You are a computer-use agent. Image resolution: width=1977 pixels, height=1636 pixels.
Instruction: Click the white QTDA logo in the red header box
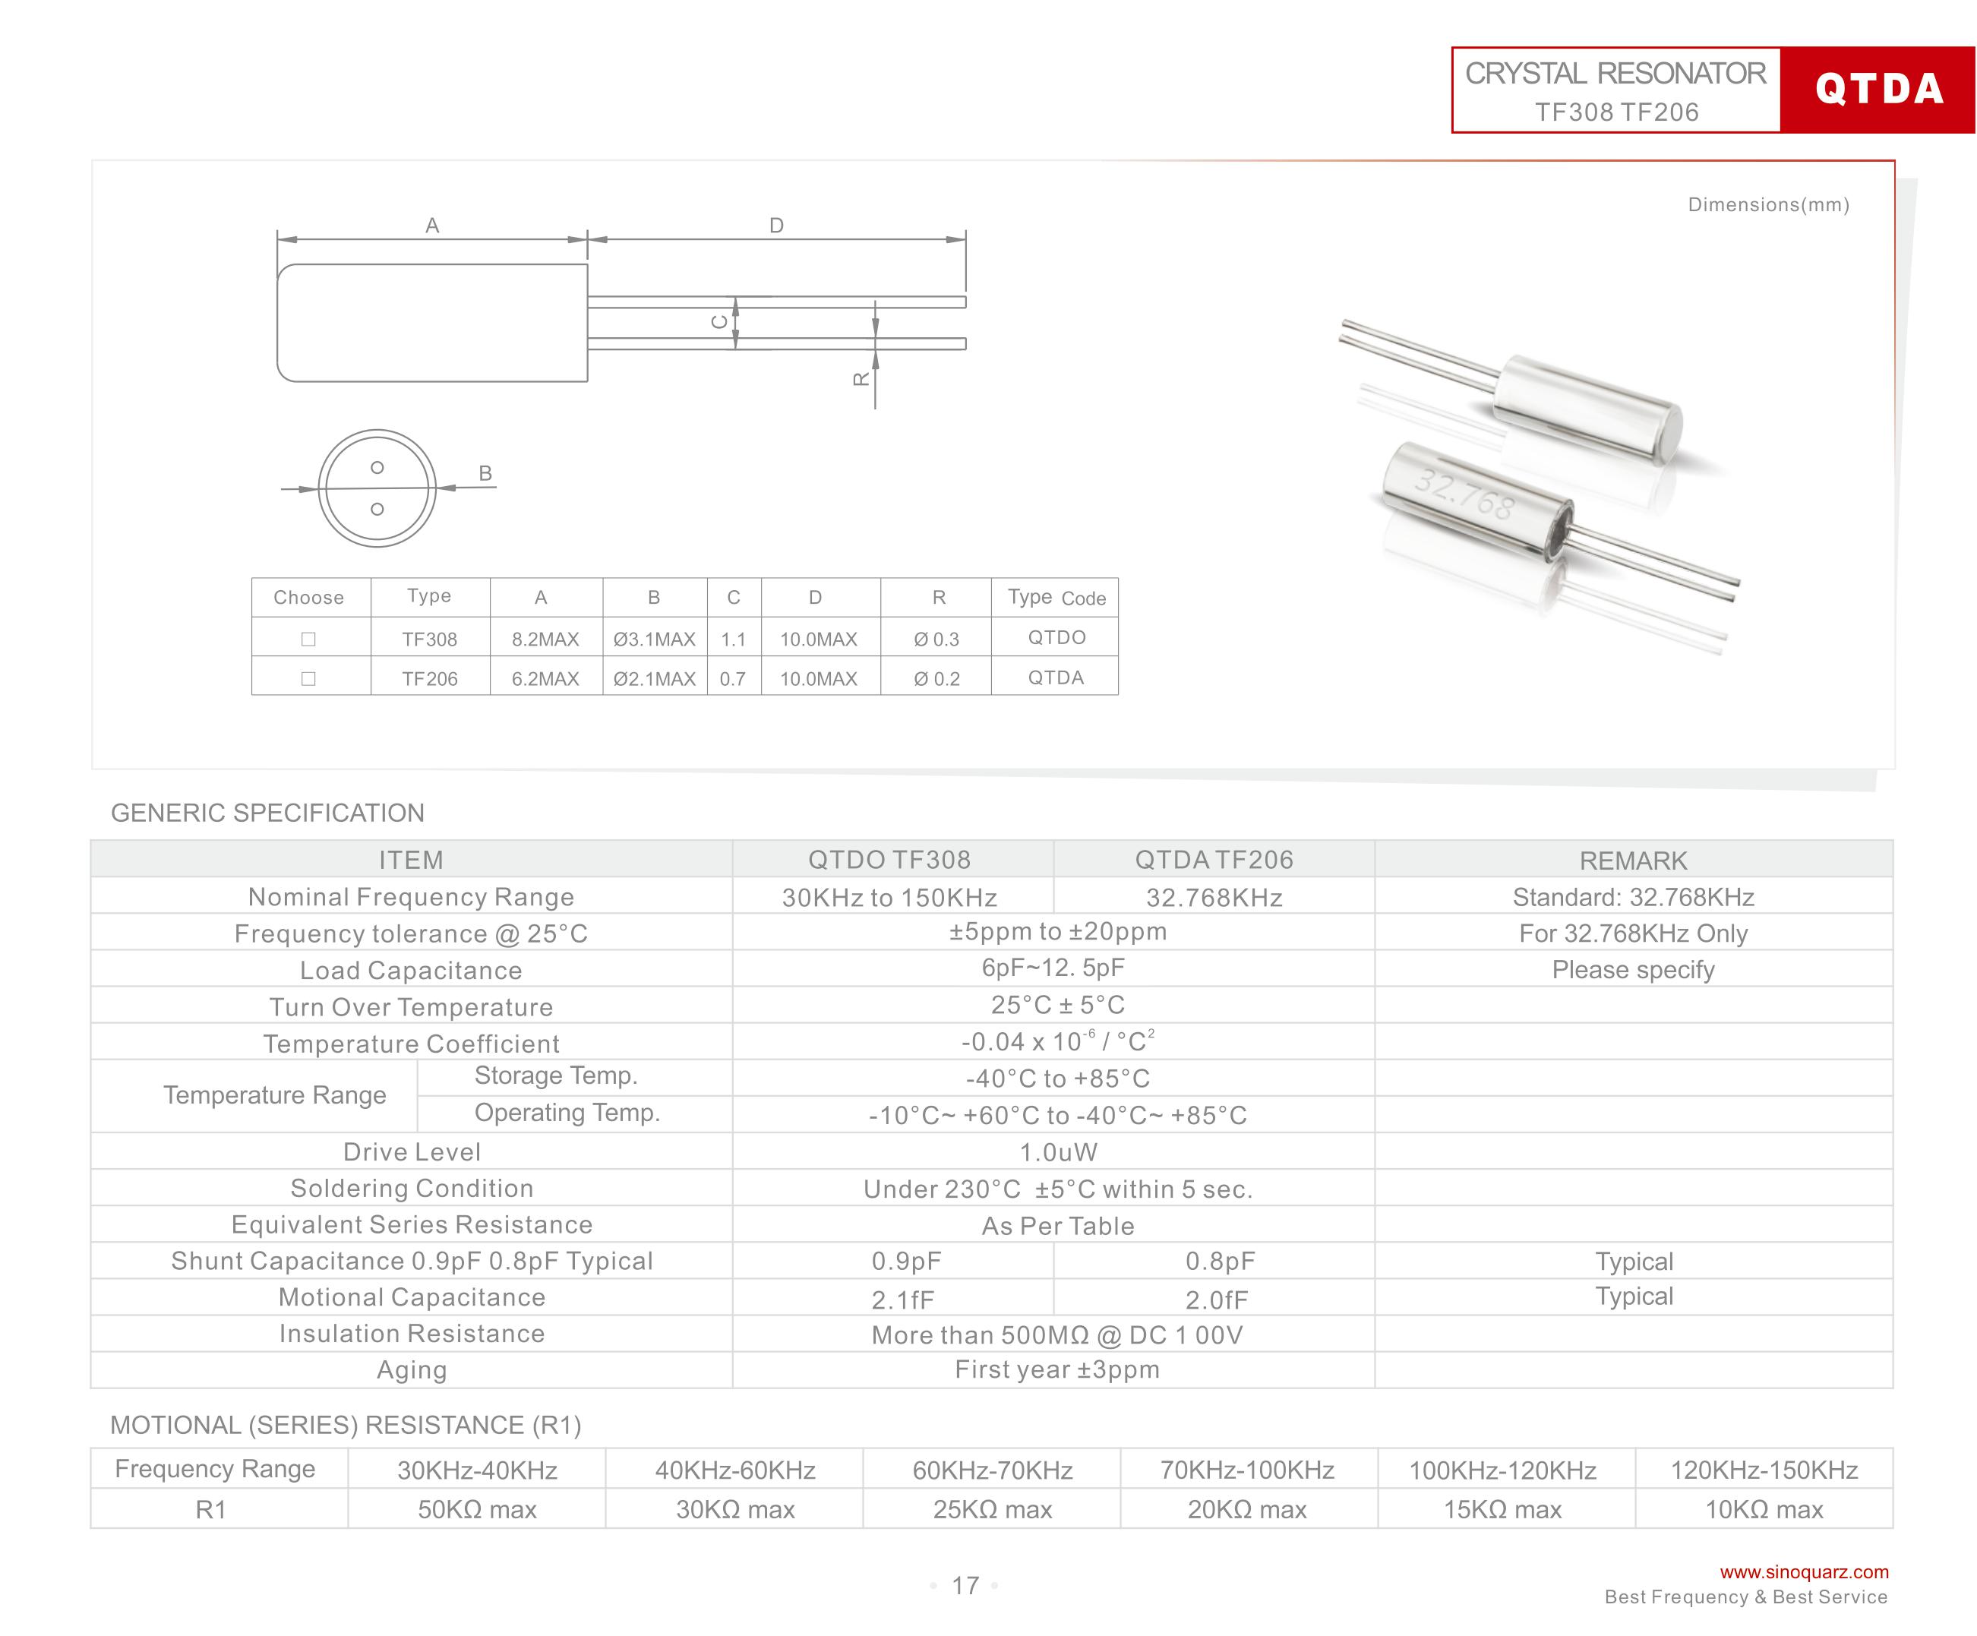[x=1878, y=90]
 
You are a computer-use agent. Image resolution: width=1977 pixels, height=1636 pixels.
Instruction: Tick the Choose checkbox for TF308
[x=308, y=640]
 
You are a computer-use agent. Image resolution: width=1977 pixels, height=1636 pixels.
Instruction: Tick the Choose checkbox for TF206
[x=308, y=679]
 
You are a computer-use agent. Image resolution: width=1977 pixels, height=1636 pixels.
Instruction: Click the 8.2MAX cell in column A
[x=545, y=640]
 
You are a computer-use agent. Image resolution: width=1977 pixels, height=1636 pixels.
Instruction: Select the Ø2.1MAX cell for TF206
[x=654, y=679]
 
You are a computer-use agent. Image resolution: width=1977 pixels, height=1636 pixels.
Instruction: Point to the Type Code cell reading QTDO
[x=1056, y=637]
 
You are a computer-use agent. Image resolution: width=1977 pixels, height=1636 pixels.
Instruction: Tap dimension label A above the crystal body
[x=432, y=226]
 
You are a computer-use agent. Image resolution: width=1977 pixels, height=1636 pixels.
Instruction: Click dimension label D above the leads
[x=777, y=226]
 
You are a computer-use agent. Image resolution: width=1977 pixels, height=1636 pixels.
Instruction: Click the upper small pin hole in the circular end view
[x=377, y=468]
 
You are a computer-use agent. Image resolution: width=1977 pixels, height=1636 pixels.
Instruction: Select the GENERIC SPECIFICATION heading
[x=267, y=813]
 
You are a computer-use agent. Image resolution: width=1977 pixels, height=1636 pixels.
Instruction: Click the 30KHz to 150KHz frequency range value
[x=889, y=898]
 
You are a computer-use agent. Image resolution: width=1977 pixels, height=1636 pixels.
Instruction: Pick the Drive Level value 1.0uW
[x=1058, y=1152]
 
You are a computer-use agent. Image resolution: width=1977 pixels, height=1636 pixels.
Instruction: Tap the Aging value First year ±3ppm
[x=1057, y=1369]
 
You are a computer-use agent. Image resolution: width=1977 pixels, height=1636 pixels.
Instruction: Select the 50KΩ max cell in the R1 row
[x=477, y=1510]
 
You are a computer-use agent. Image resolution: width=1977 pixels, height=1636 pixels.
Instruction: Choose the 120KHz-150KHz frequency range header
[x=1764, y=1470]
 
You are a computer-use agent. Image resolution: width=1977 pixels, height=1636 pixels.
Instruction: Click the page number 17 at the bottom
[x=965, y=1586]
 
